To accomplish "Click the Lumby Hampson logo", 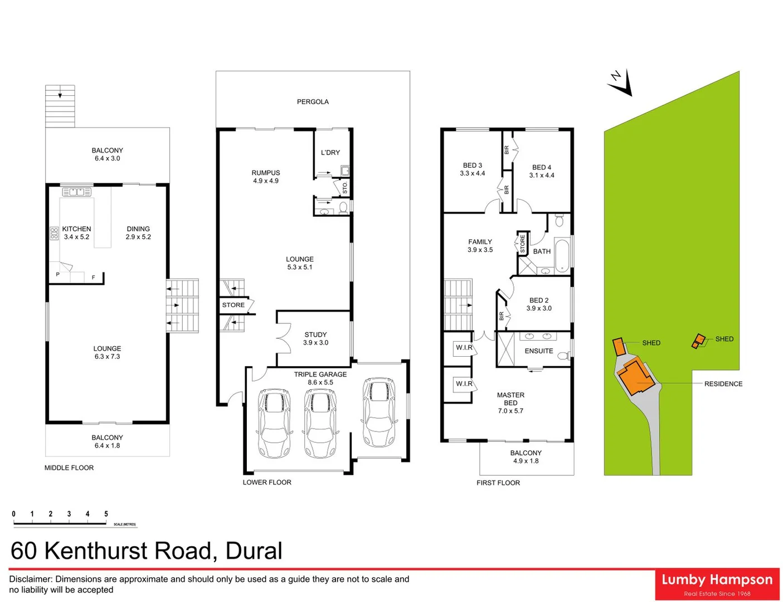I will point(717,584).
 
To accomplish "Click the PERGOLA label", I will point(313,102).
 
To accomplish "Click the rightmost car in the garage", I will point(379,412).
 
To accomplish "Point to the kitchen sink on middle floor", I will point(77,192).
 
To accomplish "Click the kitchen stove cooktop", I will point(54,234).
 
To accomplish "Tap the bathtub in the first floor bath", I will point(562,255).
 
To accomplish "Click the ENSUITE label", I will point(539,351).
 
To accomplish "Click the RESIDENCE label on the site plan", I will point(723,384).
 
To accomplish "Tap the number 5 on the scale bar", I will point(106,514).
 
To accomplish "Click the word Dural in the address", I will point(254,551).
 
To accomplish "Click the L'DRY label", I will point(330,153).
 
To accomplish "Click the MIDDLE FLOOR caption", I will point(69,468).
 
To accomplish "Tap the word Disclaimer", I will point(31,579).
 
